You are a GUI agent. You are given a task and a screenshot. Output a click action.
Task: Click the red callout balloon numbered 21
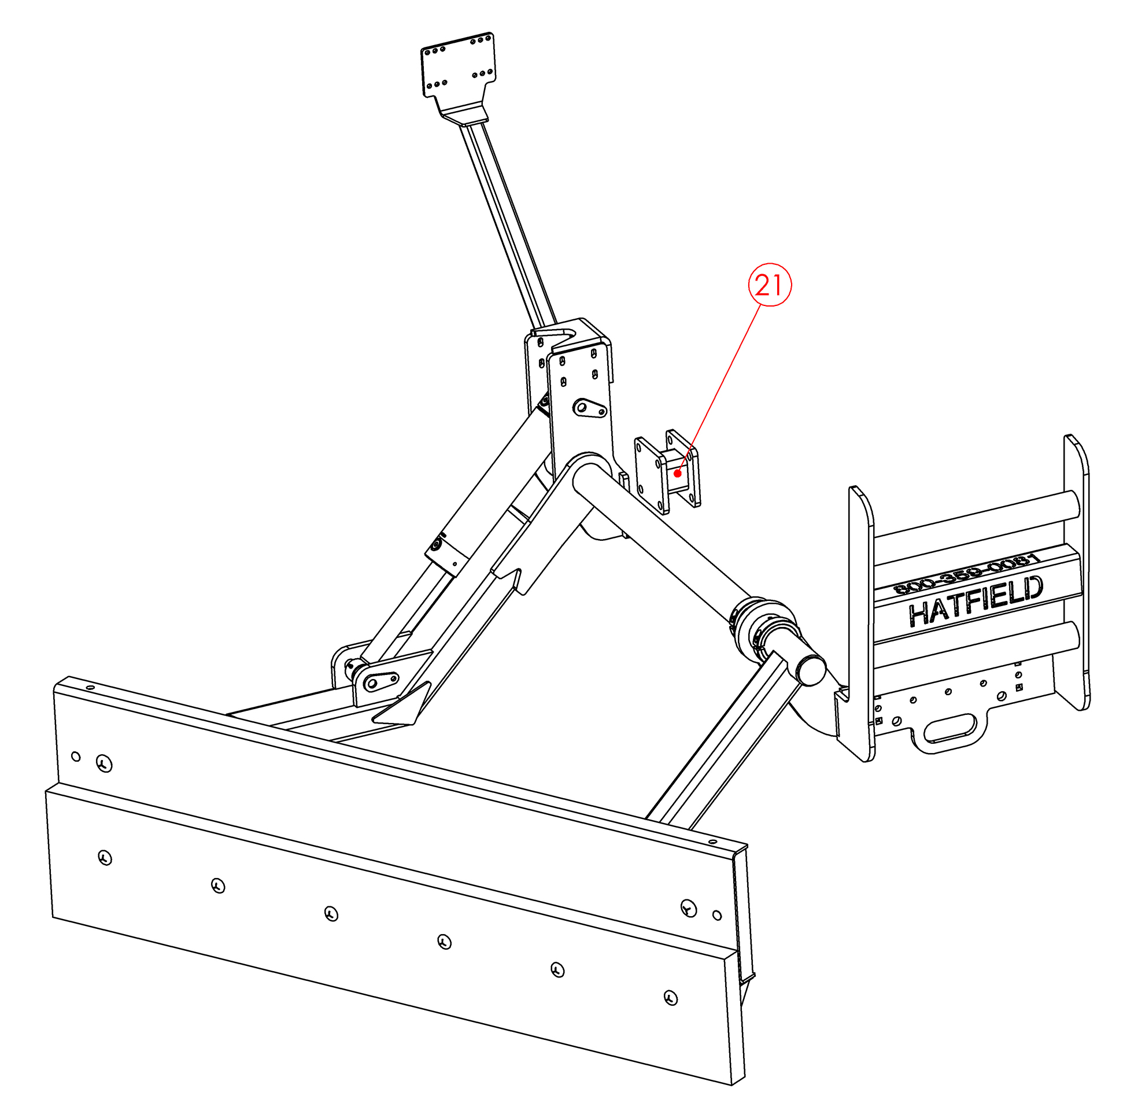(769, 285)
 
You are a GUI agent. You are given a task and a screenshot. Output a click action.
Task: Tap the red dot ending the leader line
(678, 473)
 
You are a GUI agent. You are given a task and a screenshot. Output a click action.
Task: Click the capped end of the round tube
(811, 670)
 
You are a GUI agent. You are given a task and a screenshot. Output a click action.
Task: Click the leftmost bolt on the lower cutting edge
(105, 858)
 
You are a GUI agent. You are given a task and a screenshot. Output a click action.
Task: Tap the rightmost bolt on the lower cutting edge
(671, 997)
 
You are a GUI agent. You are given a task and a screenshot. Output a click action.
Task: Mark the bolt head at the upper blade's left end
(105, 764)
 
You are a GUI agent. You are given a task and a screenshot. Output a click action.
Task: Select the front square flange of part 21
(652, 475)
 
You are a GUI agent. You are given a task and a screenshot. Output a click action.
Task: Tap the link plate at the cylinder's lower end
(379, 682)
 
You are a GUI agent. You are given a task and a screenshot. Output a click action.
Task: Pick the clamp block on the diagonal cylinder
(447, 552)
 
